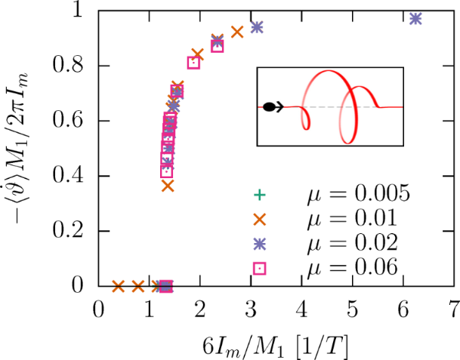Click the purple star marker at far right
415,18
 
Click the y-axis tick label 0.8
73,66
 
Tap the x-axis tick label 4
302,309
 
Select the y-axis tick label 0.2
73,231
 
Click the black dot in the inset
269,107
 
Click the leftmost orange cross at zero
118,286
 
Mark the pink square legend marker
259,268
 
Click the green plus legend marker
259,195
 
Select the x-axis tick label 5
353,309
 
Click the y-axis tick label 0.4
73,176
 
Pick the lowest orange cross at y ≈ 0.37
168,186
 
